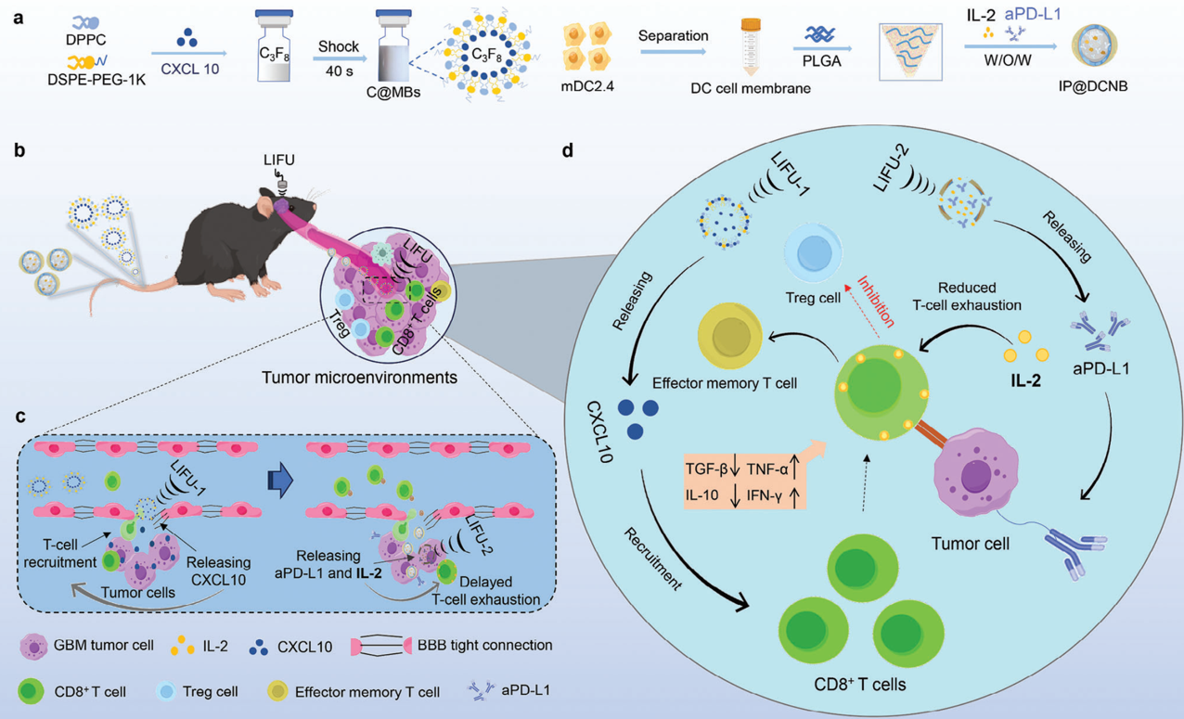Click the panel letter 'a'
(x=19, y=19)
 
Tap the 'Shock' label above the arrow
(x=339, y=46)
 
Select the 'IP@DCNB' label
(x=1092, y=86)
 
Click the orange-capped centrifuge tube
(x=751, y=46)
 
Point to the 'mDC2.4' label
(x=587, y=86)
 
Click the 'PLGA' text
(x=821, y=61)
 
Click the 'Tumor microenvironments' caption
(x=359, y=378)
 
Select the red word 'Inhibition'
(x=876, y=302)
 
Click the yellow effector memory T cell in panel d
(x=730, y=336)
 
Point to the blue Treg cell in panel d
(x=814, y=253)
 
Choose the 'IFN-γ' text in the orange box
(x=764, y=495)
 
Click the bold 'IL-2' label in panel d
(x=1025, y=380)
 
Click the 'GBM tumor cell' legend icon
(x=33, y=646)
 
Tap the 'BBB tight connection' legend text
(x=484, y=645)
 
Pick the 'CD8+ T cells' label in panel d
(x=859, y=684)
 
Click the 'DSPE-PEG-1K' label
(x=97, y=79)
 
